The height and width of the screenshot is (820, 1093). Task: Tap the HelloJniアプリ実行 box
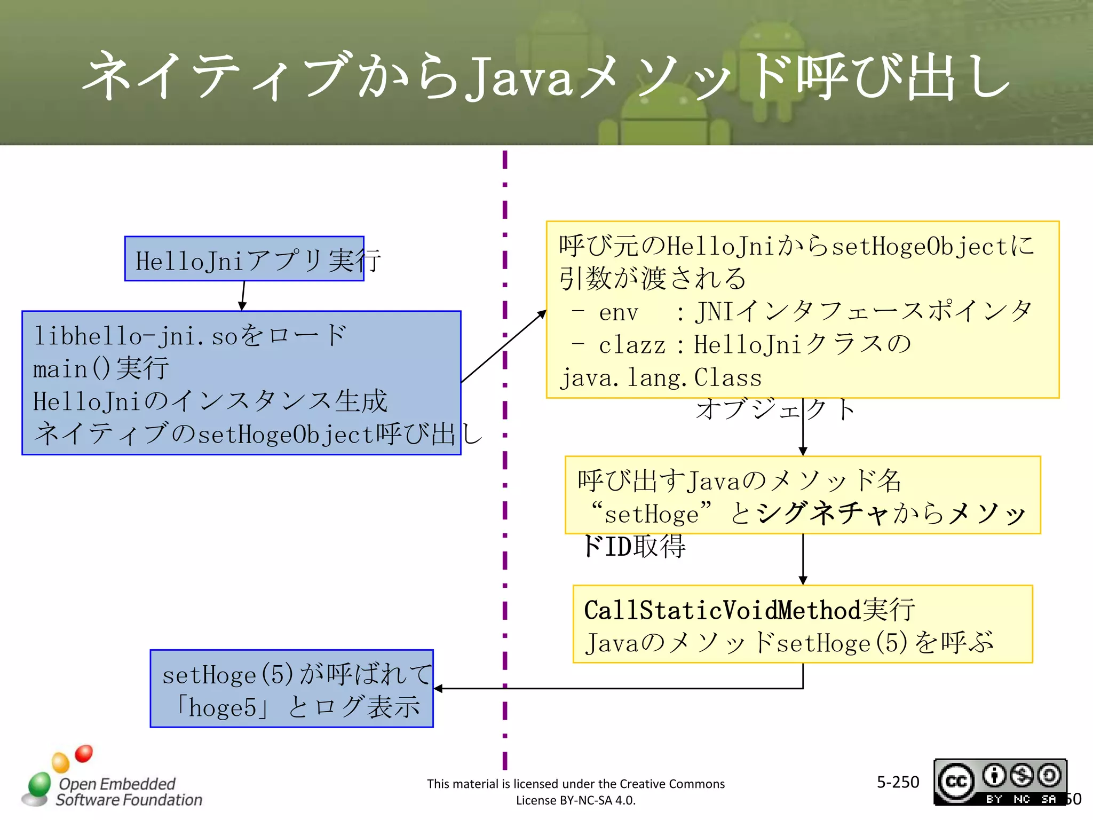tap(244, 259)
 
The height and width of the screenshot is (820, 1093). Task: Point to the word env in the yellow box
tap(619, 312)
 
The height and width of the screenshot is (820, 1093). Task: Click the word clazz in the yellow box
tap(632, 345)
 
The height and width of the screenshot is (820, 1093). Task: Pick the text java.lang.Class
tap(661, 378)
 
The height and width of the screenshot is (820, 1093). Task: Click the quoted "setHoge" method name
tap(651, 514)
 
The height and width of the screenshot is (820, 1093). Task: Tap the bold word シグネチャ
tap(822, 514)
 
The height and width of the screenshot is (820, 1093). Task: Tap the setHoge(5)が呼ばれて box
tap(291, 688)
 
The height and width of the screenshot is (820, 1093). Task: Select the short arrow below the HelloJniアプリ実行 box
tap(243, 296)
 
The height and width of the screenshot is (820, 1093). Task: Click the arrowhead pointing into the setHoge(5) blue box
tap(439, 689)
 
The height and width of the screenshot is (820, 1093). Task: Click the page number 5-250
tap(898, 782)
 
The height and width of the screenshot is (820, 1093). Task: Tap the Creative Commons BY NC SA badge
tap(1000, 782)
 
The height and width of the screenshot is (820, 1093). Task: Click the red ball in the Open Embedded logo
tap(84, 753)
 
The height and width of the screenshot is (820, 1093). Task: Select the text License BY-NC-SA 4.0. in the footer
tap(575, 800)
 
